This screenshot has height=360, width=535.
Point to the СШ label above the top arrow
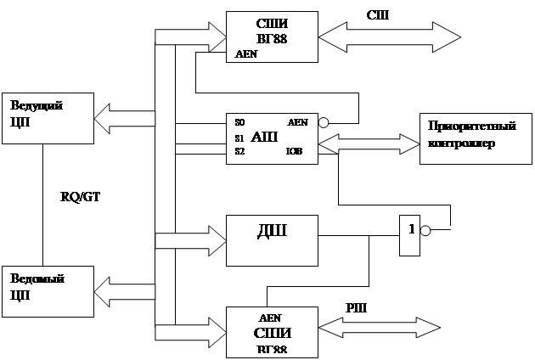pos(378,16)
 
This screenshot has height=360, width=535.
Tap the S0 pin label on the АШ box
pos(239,122)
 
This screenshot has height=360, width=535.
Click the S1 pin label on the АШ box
pos(239,138)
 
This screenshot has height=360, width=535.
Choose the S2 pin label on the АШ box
pos(239,151)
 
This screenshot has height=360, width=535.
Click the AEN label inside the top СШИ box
pos(245,53)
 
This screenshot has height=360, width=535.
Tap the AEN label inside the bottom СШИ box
pos(270,317)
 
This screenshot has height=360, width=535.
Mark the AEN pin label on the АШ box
pos(299,122)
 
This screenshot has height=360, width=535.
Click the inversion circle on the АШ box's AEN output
pos(323,123)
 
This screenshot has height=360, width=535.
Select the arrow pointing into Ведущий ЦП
pos(123,113)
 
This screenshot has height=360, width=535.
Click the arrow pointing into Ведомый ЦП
pos(123,290)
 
